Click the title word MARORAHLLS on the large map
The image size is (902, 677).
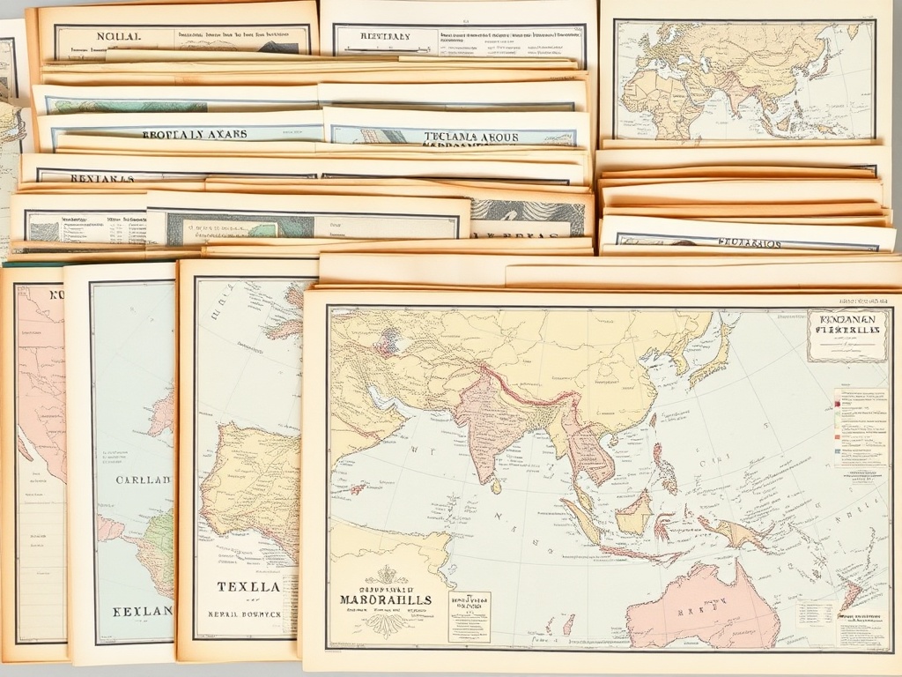point(386,599)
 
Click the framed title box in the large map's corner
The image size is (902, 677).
point(847,335)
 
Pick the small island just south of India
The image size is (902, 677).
point(497,486)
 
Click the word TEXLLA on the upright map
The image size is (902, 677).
point(248,586)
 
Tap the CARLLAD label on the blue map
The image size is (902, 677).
point(143,480)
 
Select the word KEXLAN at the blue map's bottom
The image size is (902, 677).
point(141,610)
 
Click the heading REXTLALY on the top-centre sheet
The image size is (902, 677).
point(384,37)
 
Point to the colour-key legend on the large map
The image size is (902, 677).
point(860,428)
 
